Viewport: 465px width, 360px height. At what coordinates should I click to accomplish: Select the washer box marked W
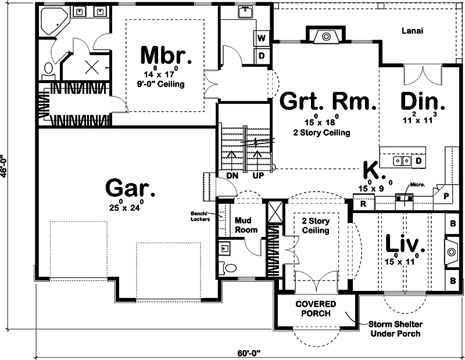click(x=262, y=38)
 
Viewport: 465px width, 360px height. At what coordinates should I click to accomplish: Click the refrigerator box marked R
click(x=363, y=204)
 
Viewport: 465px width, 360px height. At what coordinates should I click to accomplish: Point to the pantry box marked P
click(x=446, y=196)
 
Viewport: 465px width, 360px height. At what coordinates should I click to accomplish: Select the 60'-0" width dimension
click(x=251, y=352)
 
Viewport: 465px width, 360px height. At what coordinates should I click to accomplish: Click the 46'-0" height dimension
click(x=6, y=168)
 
